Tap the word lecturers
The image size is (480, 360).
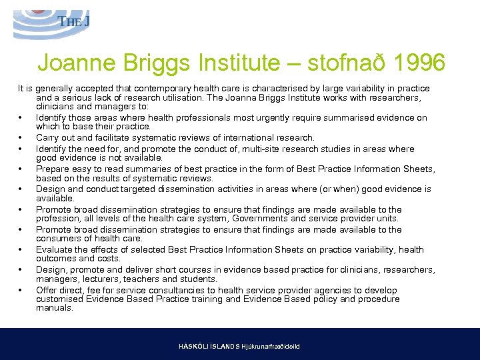click(x=95, y=279)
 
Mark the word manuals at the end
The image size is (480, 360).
click(x=54, y=308)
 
